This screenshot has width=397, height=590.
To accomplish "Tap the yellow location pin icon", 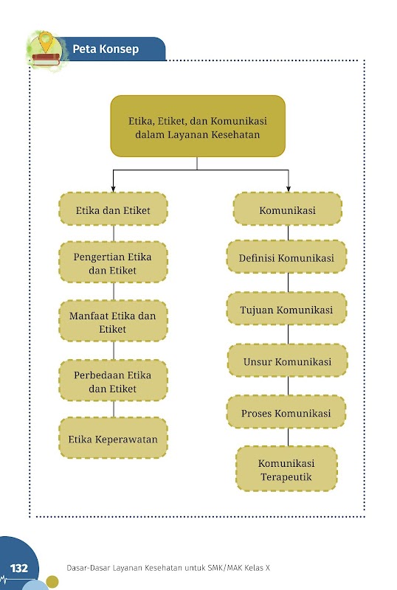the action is point(46,41).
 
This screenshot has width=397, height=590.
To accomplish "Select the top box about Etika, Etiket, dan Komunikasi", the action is point(198,126).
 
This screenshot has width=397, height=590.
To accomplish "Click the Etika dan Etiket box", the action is point(113,209).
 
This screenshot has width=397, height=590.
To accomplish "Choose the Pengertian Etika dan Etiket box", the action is point(113,263).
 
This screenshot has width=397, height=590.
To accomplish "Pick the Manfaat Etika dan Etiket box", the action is point(113,321).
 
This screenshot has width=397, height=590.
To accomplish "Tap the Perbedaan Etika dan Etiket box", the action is point(113,381).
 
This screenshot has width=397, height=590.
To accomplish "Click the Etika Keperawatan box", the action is point(113,438).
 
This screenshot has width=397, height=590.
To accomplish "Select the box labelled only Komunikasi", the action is point(288,209).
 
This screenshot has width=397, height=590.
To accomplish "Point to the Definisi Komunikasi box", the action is point(286,257).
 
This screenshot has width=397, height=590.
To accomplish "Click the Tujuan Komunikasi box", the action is point(286,308).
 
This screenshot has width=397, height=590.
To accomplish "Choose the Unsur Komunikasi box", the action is point(288,361).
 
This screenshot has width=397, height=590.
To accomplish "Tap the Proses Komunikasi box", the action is point(286,412).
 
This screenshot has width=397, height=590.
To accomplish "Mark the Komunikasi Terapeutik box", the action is point(286,469).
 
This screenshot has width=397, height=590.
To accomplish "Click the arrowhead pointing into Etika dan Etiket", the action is point(113,189).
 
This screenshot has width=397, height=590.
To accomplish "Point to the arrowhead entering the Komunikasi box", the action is point(289,189).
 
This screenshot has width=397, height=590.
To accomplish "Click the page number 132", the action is point(19,568).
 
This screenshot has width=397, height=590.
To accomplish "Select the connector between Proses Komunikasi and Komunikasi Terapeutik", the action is point(288,437).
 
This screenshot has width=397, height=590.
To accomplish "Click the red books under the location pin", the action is point(46,60).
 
